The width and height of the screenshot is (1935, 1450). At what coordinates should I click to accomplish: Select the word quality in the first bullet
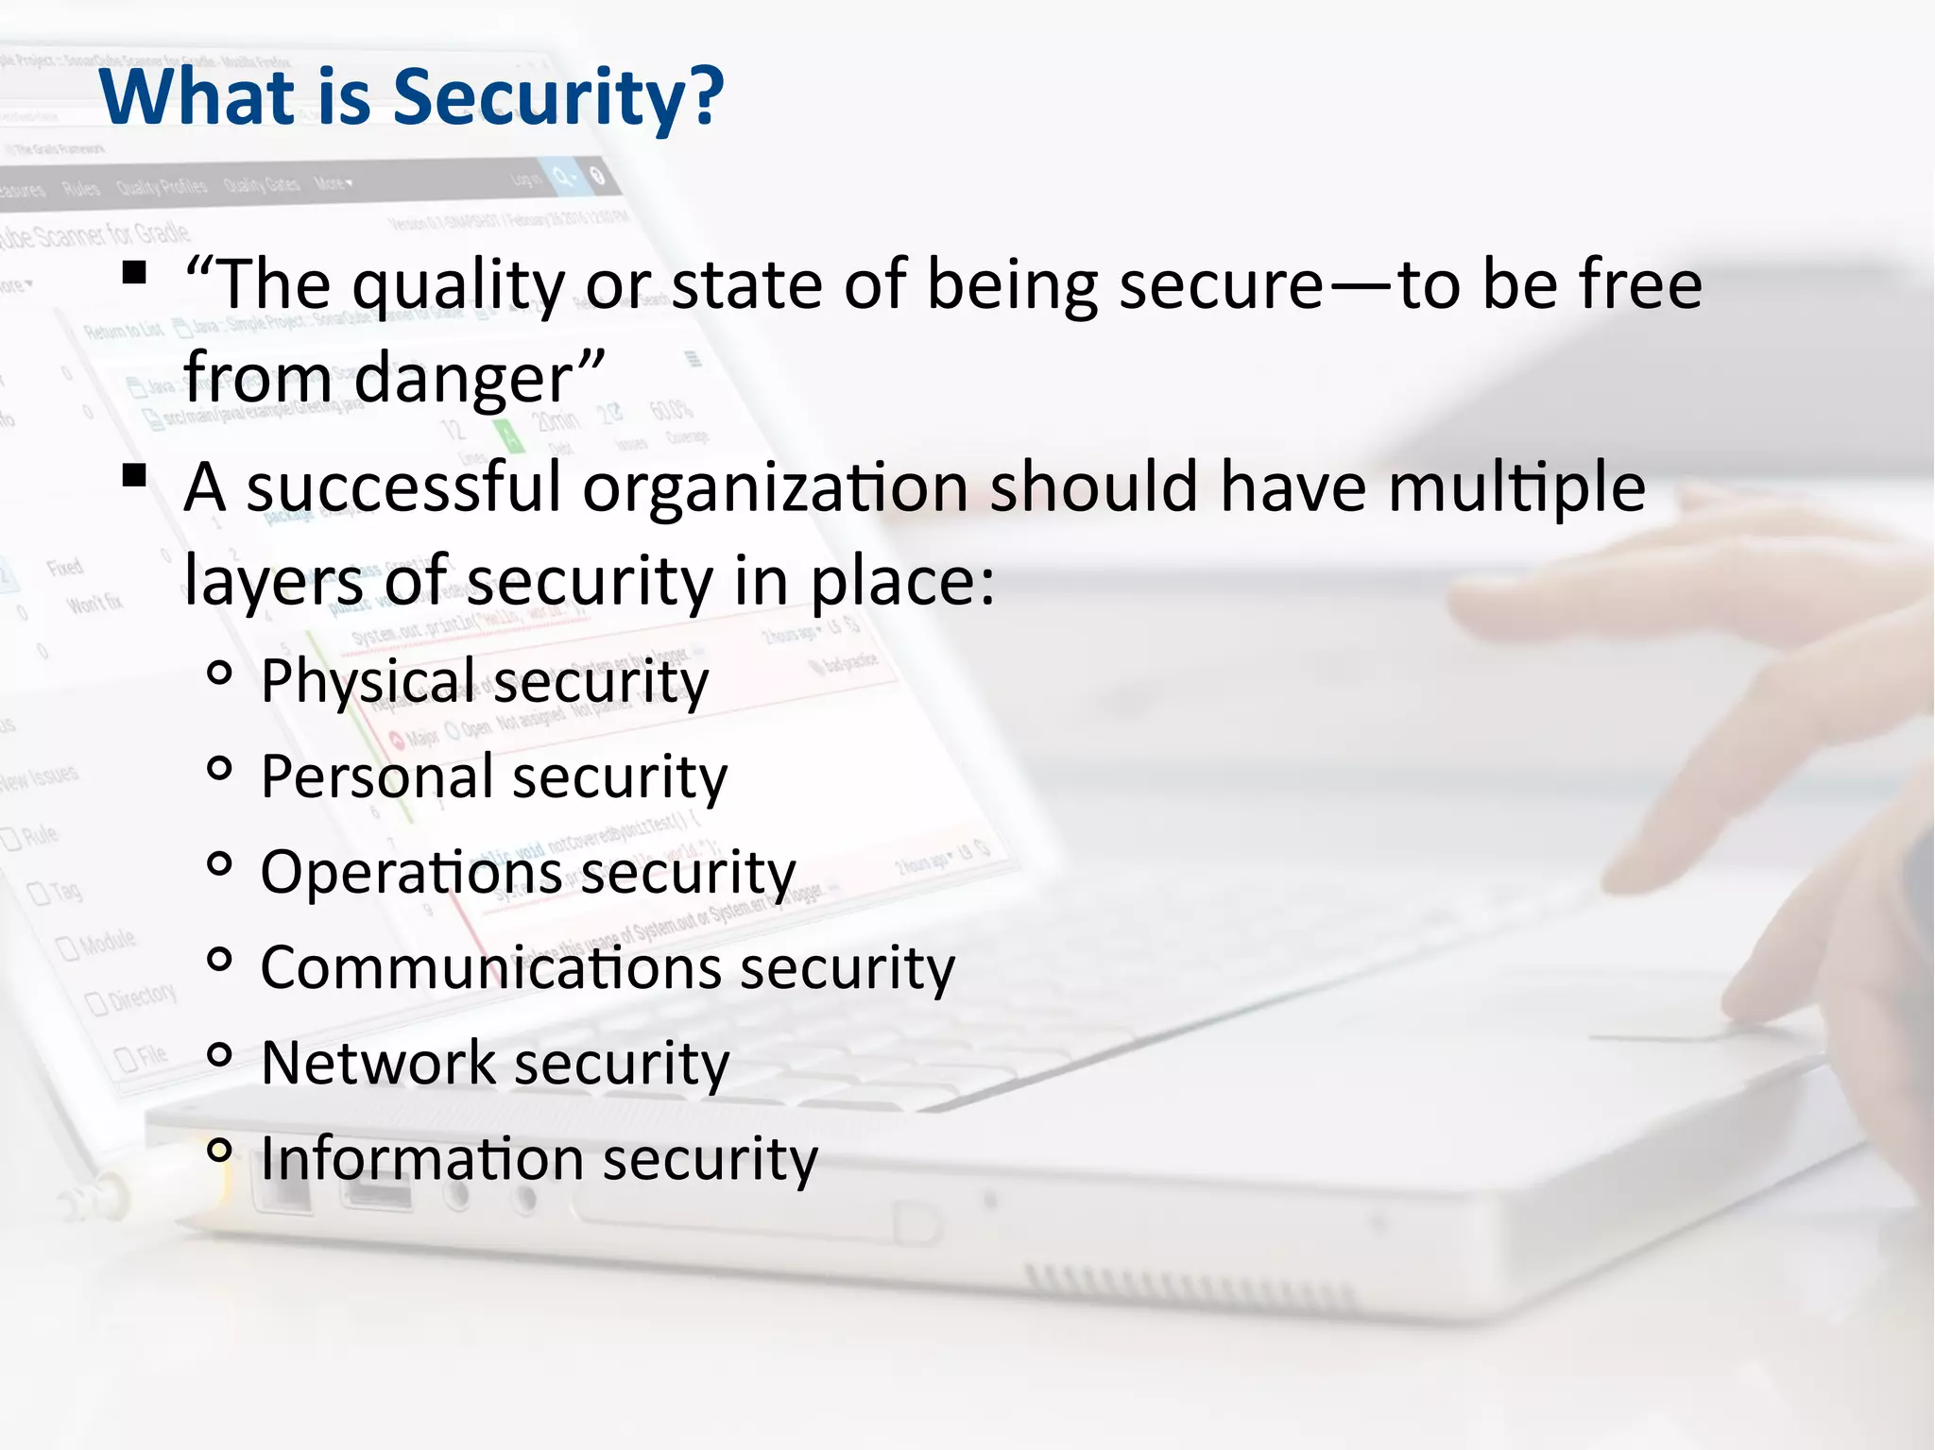458,286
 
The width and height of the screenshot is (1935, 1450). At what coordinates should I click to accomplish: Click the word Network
378,1064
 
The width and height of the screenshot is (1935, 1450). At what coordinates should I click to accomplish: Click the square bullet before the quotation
134,273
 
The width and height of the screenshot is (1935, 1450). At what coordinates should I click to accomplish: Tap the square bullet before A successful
134,475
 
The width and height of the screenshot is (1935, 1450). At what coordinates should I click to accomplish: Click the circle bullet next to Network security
219,1055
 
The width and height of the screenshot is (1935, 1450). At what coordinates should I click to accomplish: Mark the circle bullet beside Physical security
219,674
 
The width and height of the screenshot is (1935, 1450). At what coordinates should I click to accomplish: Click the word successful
404,488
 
